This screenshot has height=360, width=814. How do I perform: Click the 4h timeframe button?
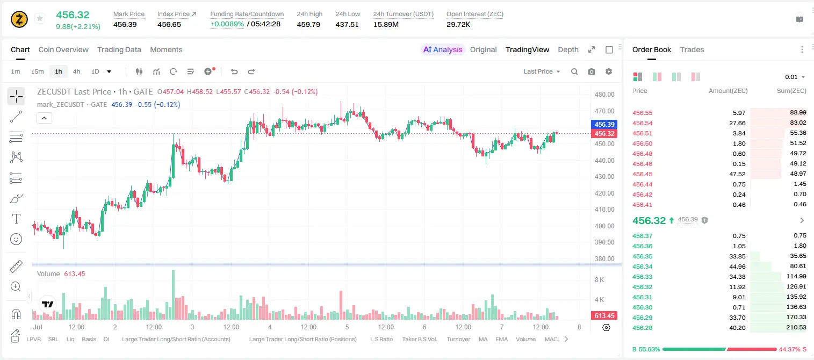[x=76, y=71]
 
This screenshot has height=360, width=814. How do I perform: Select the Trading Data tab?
[x=119, y=49]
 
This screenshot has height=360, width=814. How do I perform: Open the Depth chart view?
[x=568, y=49]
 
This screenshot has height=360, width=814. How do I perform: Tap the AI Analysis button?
[x=443, y=49]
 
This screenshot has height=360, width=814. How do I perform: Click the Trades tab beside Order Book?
[x=692, y=49]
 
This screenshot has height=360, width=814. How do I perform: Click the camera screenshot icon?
[x=592, y=71]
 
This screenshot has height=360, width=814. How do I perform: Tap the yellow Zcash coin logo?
[x=19, y=19]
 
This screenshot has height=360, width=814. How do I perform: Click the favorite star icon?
[x=40, y=18]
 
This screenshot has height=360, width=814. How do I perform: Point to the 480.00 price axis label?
[x=604, y=95]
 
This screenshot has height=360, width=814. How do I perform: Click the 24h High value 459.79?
[x=308, y=24]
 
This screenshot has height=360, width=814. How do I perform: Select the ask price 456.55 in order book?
[x=642, y=113]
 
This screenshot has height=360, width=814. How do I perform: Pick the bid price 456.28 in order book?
[x=642, y=328]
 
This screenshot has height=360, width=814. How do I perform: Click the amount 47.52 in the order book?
[x=737, y=174]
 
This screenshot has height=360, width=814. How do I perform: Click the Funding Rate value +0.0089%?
[x=227, y=24]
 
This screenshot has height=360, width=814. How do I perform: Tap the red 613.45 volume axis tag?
[x=604, y=316]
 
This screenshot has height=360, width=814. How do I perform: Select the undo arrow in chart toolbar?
[x=234, y=71]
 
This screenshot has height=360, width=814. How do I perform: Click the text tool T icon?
[x=16, y=219]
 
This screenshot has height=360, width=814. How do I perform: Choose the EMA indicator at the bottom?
[x=501, y=339]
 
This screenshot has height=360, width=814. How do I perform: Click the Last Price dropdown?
[x=542, y=71]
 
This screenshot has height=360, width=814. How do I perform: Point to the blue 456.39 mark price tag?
[x=604, y=124]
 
